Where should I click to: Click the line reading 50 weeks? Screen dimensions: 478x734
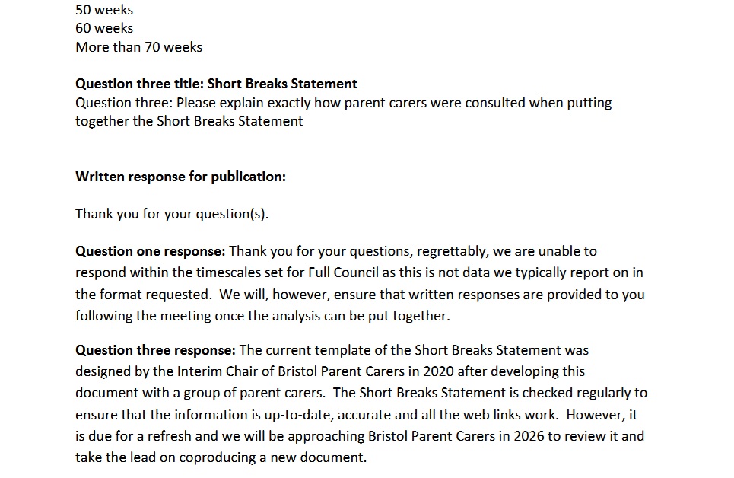(104, 10)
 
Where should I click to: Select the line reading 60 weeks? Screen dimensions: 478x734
(104, 28)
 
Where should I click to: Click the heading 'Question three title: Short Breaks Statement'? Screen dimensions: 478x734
(216, 84)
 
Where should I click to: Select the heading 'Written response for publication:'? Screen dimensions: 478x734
(180, 177)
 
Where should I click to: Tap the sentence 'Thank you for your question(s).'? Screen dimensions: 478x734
(172, 214)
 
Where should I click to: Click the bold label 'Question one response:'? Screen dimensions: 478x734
(150, 251)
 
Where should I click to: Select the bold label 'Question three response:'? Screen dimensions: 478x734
(155, 350)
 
